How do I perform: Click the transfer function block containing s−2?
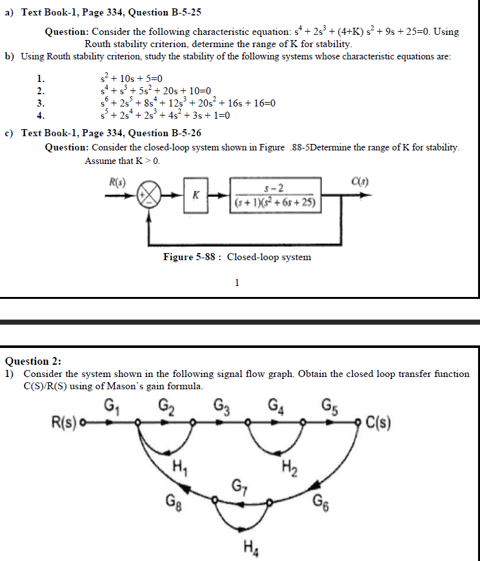pyautogui.click(x=275, y=194)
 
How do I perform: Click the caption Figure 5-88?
pyautogui.click(x=237, y=258)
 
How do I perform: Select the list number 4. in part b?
pyautogui.click(x=40, y=116)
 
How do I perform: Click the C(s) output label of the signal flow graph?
pyautogui.click(x=379, y=423)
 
